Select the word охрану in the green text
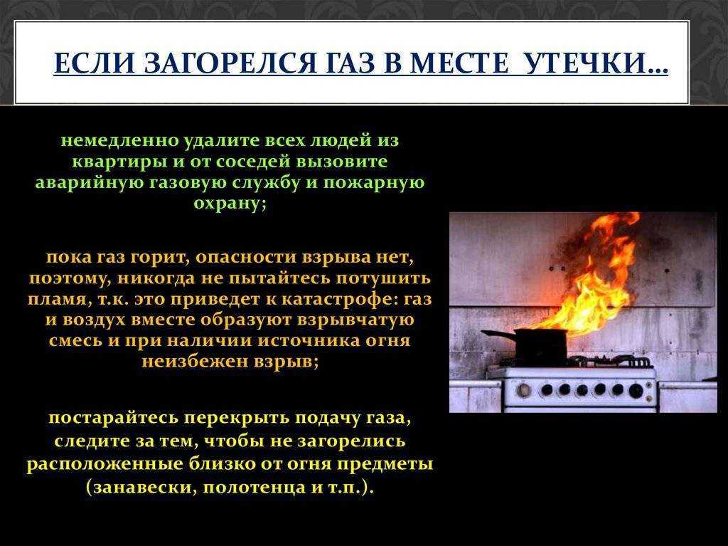[x=230, y=204]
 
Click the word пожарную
[x=373, y=182]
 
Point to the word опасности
[x=246, y=257]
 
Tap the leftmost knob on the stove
[x=524, y=389]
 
